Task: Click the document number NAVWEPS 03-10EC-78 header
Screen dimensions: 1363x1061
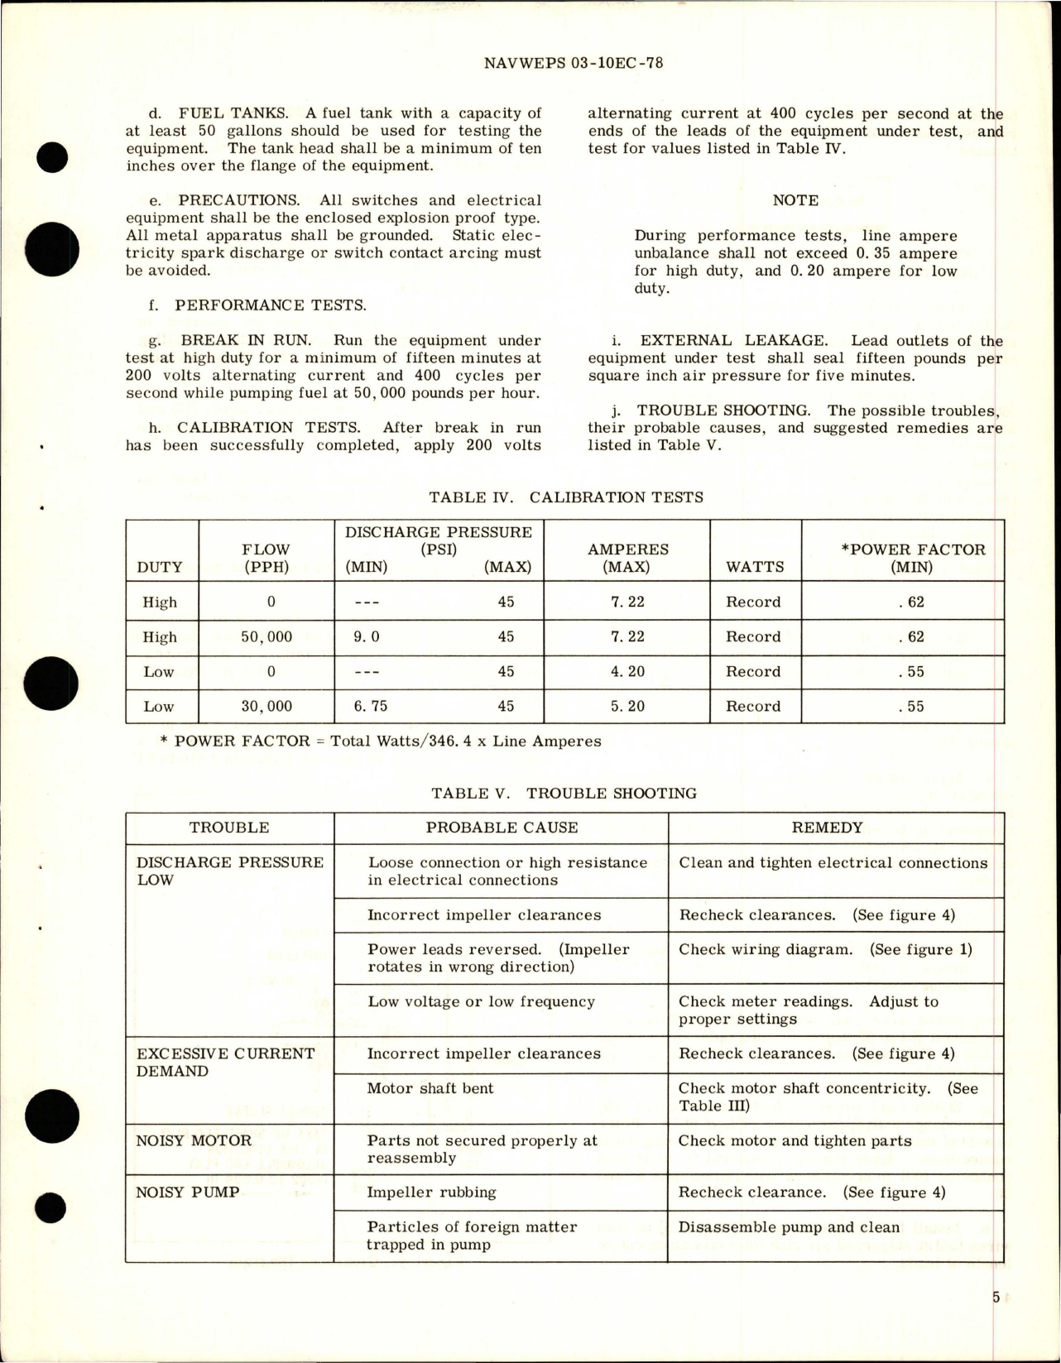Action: [571, 63]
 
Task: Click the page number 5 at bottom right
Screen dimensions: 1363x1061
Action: [996, 1297]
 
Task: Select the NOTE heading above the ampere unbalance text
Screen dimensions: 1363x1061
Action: [795, 200]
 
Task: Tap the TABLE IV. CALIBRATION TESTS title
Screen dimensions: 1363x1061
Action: [566, 497]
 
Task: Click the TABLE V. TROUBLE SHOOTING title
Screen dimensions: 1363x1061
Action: [564, 794]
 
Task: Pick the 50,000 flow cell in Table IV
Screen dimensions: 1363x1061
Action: [271, 637]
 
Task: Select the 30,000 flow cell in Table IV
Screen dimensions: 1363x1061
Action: [271, 707]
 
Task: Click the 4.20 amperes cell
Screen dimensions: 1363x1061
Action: [627, 672]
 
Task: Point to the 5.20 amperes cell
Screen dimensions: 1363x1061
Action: [627, 707]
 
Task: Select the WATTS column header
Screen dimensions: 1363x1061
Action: [755, 567]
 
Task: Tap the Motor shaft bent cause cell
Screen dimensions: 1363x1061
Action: [430, 1088]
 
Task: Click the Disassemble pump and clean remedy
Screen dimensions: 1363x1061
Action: [789, 1227]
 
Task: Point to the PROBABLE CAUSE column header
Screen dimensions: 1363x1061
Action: [502, 828]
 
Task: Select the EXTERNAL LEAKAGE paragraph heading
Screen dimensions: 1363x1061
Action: [732, 340]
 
